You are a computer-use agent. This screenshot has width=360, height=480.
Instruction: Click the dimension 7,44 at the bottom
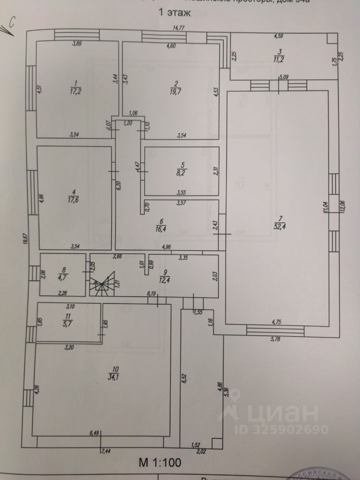[x=106, y=451]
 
